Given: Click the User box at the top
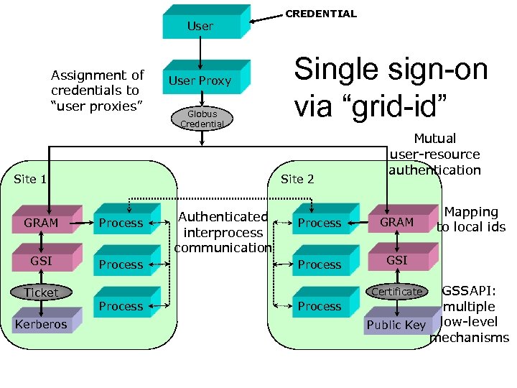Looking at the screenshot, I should [200, 26].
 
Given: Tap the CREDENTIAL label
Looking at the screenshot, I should [321, 14].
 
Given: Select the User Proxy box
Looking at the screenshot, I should [200, 80].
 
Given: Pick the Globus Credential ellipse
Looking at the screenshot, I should [202, 119].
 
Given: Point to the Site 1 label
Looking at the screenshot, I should [30, 179].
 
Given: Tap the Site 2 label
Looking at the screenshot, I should [297, 179].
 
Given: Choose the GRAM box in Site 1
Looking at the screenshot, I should [41, 223].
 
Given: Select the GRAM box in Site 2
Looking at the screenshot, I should [397, 222].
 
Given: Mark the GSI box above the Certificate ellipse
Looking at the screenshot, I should [397, 260].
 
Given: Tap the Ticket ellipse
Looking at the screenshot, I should [41, 292].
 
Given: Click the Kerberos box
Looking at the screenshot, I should [41, 324].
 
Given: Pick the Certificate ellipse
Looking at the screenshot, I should [397, 292].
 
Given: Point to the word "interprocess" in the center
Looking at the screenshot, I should [223, 233].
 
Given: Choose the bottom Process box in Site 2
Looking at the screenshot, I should [320, 306].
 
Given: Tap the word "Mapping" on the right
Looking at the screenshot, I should [471, 212].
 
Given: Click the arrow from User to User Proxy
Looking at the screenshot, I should [200, 50].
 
